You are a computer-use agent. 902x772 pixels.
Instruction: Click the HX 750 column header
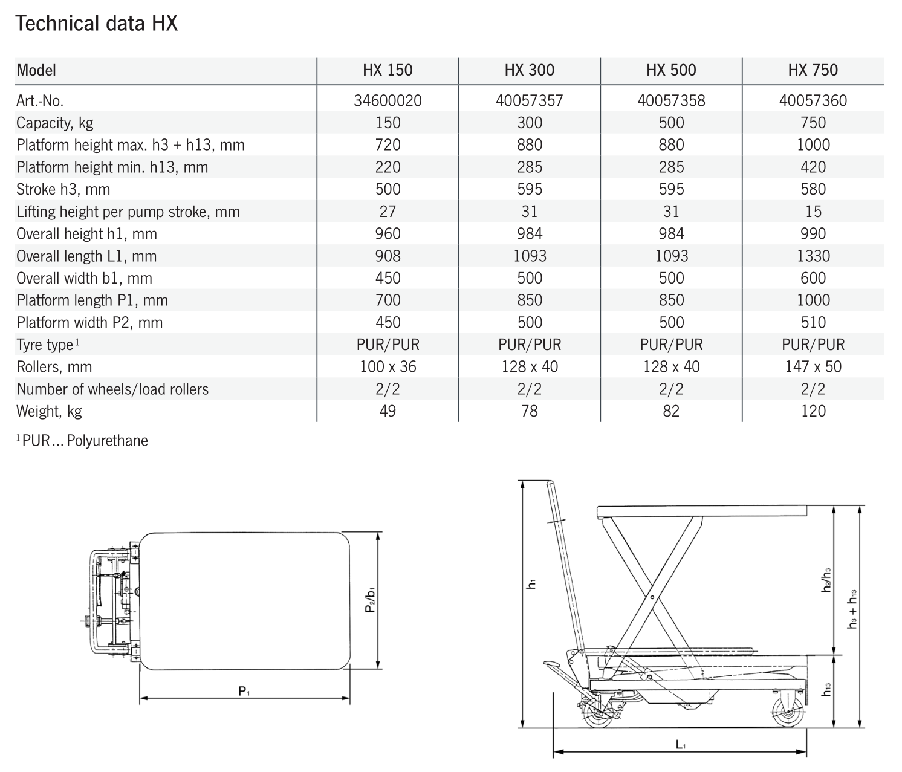[813, 70]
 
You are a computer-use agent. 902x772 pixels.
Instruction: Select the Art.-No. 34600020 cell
[388, 100]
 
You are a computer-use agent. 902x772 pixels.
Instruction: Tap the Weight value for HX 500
[671, 411]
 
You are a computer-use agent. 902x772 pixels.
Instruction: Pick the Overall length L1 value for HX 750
[813, 256]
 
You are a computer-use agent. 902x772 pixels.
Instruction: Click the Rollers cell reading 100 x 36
[388, 366]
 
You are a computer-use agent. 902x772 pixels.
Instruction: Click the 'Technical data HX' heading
[97, 24]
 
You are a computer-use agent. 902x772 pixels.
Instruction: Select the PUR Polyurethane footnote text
[82, 441]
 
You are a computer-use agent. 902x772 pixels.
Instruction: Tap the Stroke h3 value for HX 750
[813, 189]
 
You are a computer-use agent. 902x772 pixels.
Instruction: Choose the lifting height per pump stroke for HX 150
[388, 212]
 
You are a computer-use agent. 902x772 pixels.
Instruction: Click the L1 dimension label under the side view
[681, 745]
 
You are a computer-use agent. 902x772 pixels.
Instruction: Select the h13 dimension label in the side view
[826, 689]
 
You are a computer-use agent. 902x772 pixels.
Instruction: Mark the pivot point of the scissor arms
[652, 597]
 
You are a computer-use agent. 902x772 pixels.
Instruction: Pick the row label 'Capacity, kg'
[55, 123]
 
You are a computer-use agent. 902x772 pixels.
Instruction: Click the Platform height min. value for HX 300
[530, 167]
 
